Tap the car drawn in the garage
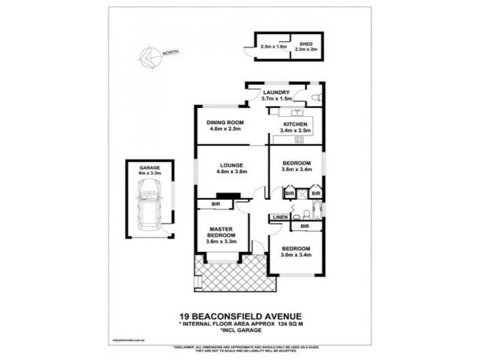(149, 207)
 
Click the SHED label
(307, 44)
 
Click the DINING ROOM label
(223, 122)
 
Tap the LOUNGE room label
(231, 166)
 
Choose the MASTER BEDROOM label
(221, 232)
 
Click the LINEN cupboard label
(280, 217)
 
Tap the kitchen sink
(296, 112)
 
